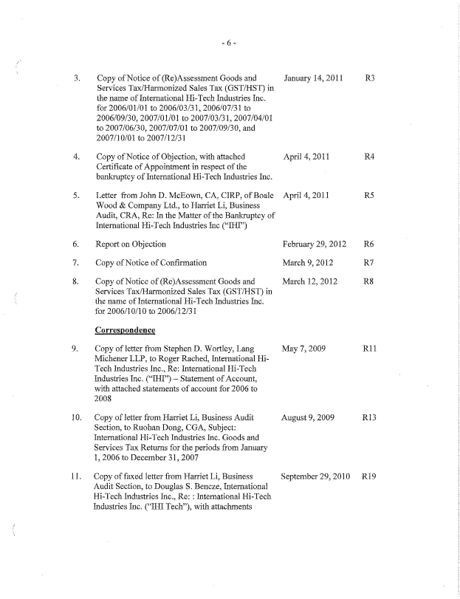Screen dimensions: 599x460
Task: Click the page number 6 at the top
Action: coord(229,44)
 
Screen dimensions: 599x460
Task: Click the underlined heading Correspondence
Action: coord(130,330)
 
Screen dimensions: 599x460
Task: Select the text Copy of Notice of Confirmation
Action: coord(152,262)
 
